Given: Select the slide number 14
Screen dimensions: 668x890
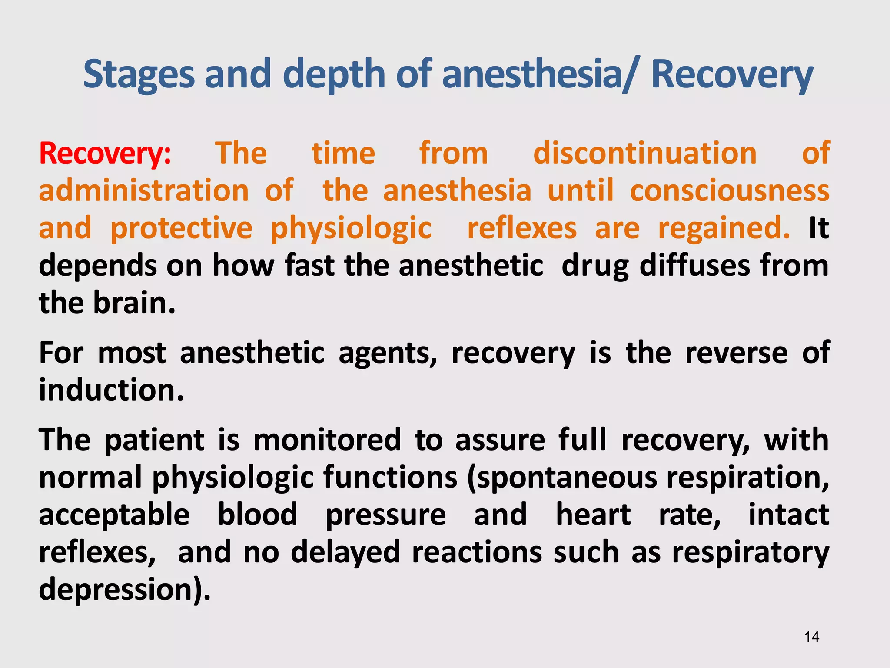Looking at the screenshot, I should [x=811, y=637].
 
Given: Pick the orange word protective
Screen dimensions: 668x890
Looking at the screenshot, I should [x=181, y=228].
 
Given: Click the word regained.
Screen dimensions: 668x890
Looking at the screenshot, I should [x=724, y=228].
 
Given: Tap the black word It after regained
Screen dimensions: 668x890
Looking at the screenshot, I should [x=819, y=228].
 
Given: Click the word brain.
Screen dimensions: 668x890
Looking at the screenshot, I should [x=134, y=303].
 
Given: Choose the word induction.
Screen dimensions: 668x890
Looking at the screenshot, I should [x=111, y=390].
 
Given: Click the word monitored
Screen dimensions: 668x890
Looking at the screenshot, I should [x=327, y=440].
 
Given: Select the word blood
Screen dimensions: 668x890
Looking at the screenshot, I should [x=257, y=514].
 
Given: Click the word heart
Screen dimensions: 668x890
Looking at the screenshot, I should [x=593, y=514].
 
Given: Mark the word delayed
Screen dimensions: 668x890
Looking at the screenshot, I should [x=345, y=552].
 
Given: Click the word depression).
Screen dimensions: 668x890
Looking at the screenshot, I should [x=124, y=589].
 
